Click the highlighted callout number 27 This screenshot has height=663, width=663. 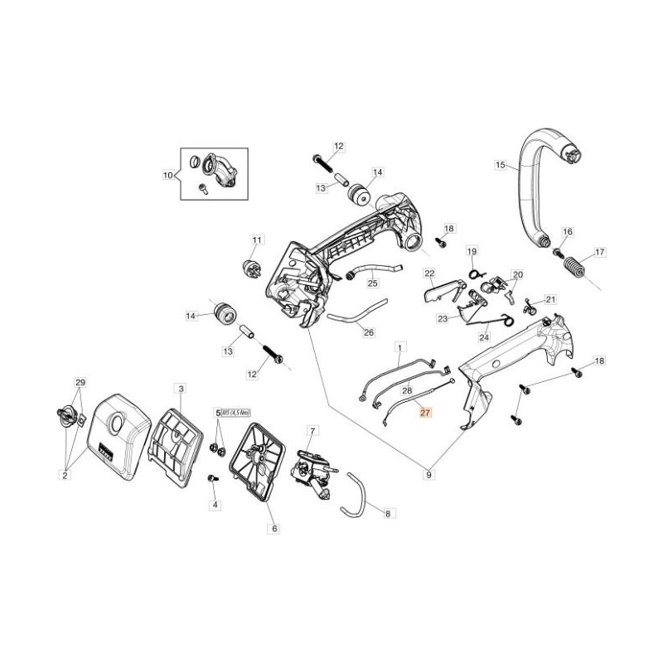425,412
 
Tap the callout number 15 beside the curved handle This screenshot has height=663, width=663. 500,166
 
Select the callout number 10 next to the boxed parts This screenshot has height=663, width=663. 168,175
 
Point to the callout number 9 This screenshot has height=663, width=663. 428,475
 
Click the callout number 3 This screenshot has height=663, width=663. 181,388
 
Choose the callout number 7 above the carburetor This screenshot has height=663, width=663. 312,431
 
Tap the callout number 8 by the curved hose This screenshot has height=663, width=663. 386,514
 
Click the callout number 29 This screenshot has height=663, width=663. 80,381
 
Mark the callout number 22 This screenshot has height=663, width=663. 429,273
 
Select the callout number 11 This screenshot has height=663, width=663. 257,240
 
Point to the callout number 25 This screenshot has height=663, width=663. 372,283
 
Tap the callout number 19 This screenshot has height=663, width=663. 471,251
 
